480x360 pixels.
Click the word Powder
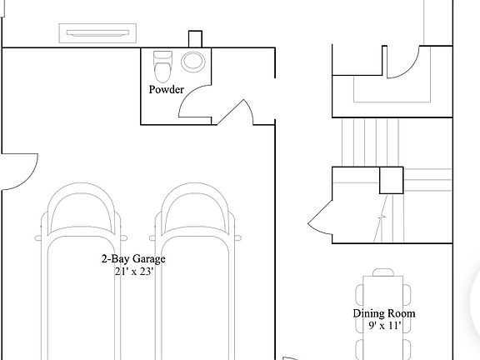point(166,89)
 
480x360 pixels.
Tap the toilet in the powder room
point(162,67)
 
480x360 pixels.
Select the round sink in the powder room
point(192,62)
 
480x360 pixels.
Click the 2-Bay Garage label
point(133,259)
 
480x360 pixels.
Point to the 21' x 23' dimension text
point(133,271)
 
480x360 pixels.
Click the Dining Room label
point(384,313)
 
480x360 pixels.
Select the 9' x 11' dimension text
point(385,325)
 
